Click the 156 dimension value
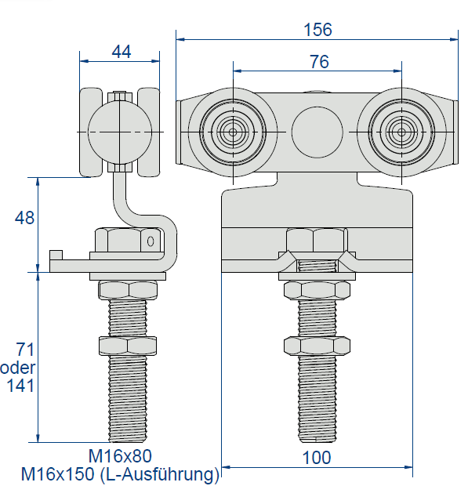(x=317, y=30)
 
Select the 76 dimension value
(x=319, y=61)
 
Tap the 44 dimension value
(x=122, y=52)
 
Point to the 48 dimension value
(x=24, y=218)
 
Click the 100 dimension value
(x=317, y=458)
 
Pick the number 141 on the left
(x=20, y=385)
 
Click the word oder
(x=17, y=368)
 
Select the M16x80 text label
(x=120, y=455)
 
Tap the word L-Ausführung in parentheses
(x=159, y=473)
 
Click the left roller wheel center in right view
(x=233, y=132)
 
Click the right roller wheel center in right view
(x=401, y=132)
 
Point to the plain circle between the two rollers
(x=317, y=132)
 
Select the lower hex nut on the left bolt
(x=128, y=346)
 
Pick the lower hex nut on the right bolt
(x=317, y=346)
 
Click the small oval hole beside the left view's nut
(x=151, y=241)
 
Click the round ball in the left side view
(x=120, y=132)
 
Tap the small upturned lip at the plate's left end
(x=56, y=255)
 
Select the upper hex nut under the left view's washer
(x=128, y=290)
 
